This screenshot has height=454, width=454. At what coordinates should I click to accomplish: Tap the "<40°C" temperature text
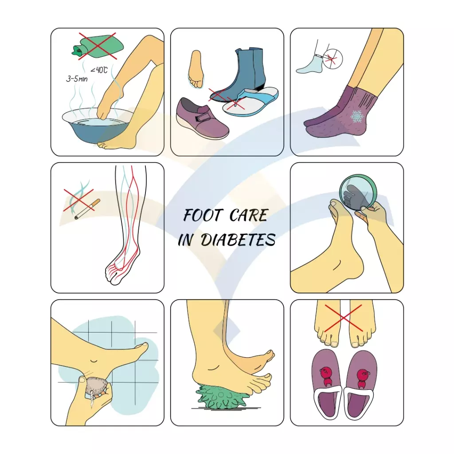pos(99,70)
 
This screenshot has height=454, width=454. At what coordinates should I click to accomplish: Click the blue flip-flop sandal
pos(251,102)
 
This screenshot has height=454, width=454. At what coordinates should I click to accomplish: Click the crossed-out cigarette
pos(87,209)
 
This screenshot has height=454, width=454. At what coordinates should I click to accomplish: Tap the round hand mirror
pos(358,192)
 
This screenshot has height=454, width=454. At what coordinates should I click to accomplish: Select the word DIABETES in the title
pos(238,240)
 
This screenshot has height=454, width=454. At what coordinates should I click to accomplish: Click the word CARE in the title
pos(248,215)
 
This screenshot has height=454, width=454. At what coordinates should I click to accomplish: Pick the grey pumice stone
pos(96,385)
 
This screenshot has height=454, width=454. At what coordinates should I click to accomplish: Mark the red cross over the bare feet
pos(344,318)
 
